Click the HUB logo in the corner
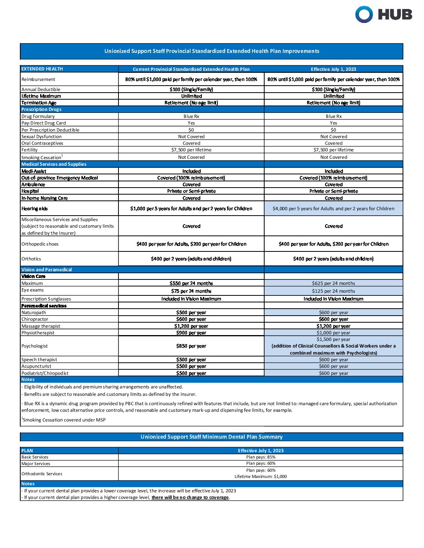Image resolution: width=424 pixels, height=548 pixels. point(383,15)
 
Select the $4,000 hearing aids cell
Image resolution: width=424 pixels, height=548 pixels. point(333,209)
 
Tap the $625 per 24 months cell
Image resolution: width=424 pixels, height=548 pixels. point(333,283)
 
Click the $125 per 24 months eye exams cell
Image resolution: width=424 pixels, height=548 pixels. point(333,291)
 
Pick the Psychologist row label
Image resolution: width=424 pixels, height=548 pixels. point(35,346)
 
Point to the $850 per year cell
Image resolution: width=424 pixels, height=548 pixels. point(191,346)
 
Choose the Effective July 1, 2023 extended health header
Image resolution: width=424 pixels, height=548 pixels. point(333,69)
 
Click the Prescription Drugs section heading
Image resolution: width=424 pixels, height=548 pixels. point(41,109)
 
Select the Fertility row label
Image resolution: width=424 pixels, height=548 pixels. point(30,150)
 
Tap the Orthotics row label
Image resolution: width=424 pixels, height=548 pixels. point(31,259)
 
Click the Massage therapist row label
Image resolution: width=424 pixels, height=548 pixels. point(41,326)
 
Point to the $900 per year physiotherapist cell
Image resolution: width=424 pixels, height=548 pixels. point(191,333)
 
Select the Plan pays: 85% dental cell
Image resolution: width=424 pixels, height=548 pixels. point(261,457)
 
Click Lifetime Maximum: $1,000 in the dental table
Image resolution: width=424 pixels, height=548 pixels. point(261,476)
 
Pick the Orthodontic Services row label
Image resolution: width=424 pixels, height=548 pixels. point(42,474)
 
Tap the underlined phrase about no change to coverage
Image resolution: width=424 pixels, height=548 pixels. point(190,497)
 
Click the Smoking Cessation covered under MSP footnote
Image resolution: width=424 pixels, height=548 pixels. point(64,420)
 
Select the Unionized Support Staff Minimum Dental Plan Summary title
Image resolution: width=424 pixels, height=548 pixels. point(211,437)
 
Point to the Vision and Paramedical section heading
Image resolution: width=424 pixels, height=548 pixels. point(47,270)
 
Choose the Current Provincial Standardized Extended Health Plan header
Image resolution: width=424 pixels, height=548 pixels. point(191,69)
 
